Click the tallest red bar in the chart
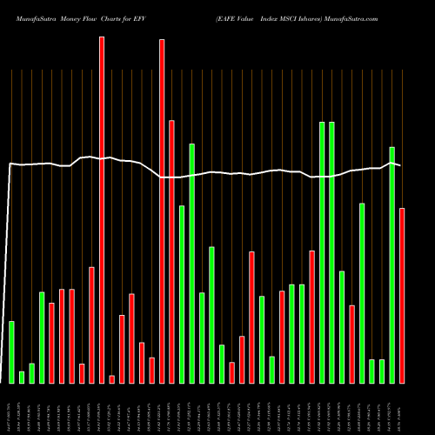(102, 209)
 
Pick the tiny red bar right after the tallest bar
(112, 378)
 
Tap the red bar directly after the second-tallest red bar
(171, 251)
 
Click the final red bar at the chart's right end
(402, 295)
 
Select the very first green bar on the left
(11, 351)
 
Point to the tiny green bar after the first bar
(22, 377)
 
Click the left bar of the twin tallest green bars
(322, 252)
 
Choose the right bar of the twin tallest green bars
(331, 252)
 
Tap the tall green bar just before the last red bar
(392, 264)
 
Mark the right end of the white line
(400, 164)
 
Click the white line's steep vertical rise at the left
(8, 261)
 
